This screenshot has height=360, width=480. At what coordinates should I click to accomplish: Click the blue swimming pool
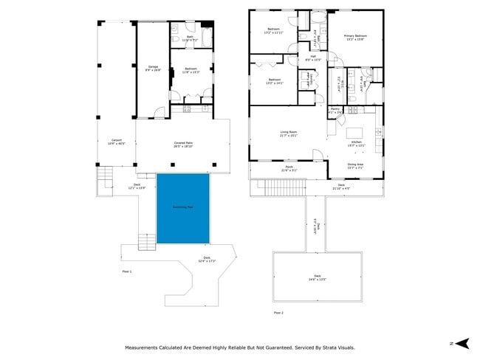tap(182, 209)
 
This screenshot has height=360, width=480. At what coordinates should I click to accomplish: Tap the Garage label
tap(154, 69)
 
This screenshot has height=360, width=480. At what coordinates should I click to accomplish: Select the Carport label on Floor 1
tap(117, 142)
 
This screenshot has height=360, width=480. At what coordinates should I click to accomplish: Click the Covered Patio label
tap(183, 145)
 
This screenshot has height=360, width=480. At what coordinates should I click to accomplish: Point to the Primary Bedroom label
tap(354, 37)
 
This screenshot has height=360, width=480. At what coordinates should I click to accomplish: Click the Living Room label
tap(288, 134)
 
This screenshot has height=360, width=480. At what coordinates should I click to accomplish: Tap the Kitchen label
tap(356, 143)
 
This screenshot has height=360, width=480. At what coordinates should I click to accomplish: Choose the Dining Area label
tap(355, 166)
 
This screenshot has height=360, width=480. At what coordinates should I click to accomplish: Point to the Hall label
tap(313, 58)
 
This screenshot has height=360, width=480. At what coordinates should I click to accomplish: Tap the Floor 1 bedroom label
tap(190, 71)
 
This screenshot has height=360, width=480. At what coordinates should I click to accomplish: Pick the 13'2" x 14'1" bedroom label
tap(274, 81)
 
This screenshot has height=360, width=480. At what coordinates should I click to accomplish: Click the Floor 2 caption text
tap(278, 313)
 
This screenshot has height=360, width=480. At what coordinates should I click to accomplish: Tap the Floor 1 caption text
tap(126, 271)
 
